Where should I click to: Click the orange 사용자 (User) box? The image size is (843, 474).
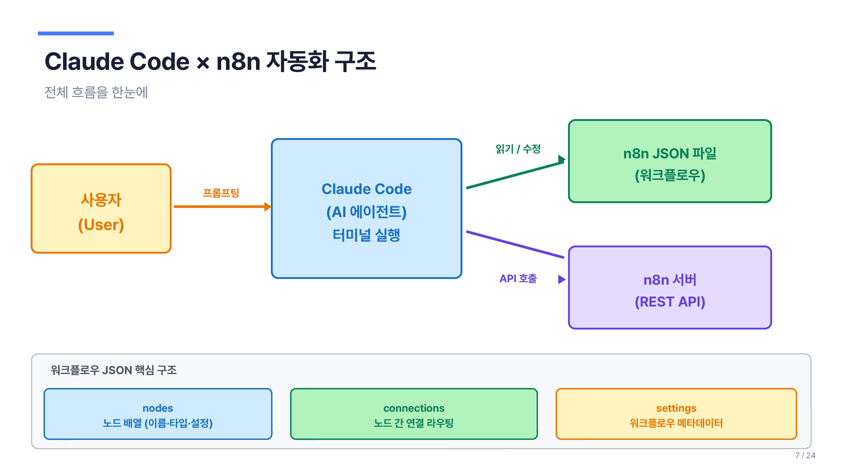(101, 209)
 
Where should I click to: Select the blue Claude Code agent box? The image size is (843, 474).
(367, 209)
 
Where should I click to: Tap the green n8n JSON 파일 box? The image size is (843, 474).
(670, 161)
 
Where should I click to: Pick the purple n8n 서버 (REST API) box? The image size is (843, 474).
(670, 288)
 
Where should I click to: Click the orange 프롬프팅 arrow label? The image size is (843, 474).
(221, 193)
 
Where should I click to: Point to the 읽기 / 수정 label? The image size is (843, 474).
(518, 149)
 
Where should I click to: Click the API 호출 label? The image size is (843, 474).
(518, 279)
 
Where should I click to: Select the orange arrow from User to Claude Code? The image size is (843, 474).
(222, 206)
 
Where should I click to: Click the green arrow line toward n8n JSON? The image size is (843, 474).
(516, 173)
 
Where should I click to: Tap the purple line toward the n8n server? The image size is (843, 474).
(515, 244)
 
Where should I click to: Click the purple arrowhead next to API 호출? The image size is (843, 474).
(562, 279)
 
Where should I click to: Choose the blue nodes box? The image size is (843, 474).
(158, 414)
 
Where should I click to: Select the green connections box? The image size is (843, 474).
(414, 414)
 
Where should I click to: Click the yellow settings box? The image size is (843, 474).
(677, 414)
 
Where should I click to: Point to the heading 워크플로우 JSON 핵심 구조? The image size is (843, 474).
(113, 370)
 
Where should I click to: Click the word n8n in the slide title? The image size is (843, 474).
(238, 61)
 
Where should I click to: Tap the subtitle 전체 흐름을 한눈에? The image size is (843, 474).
(96, 92)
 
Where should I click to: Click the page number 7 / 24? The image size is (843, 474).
(805, 456)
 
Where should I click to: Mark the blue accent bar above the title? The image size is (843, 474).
(76, 34)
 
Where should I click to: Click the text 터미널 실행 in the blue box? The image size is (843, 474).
(366, 235)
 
